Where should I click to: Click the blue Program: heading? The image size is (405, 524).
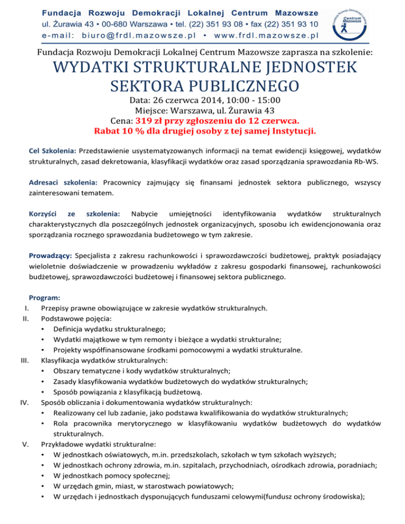click(x=45, y=298)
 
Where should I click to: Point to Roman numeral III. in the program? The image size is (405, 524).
click(x=23, y=361)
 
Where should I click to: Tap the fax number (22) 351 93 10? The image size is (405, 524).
click(x=285, y=24)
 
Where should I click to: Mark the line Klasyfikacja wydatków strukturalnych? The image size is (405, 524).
click(x=105, y=361)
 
